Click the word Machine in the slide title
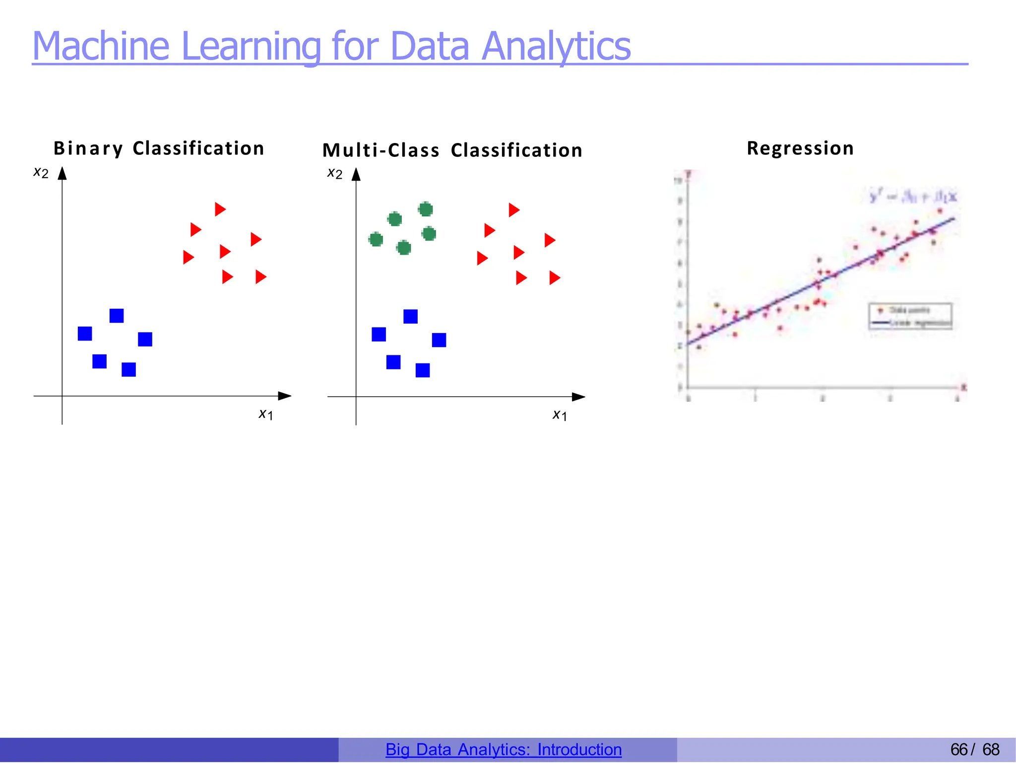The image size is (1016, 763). coord(101,46)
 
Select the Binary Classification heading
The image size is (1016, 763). coord(159,148)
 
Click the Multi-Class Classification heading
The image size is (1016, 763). coord(452,150)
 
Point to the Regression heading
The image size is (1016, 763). coord(800,148)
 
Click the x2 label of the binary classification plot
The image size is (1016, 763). coord(41,173)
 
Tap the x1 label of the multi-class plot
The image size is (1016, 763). coord(560,415)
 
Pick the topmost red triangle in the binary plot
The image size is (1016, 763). coord(220,209)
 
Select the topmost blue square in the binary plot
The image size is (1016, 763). coord(117,316)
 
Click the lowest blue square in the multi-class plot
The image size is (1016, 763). coord(423,370)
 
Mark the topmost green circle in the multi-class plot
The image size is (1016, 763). coord(425,209)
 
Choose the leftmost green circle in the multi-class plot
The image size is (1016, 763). coord(376,240)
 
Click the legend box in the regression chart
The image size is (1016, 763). coord(910,316)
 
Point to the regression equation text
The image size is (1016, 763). coord(913,197)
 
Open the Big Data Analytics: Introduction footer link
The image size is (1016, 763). coord(504,750)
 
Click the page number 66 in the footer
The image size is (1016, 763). coord(958,750)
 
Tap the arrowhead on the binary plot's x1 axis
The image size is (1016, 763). coord(285,396)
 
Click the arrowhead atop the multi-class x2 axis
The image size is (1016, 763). coord(356,174)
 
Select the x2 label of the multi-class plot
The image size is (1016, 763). coord(335,173)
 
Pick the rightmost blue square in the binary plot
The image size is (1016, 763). coord(145,340)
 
